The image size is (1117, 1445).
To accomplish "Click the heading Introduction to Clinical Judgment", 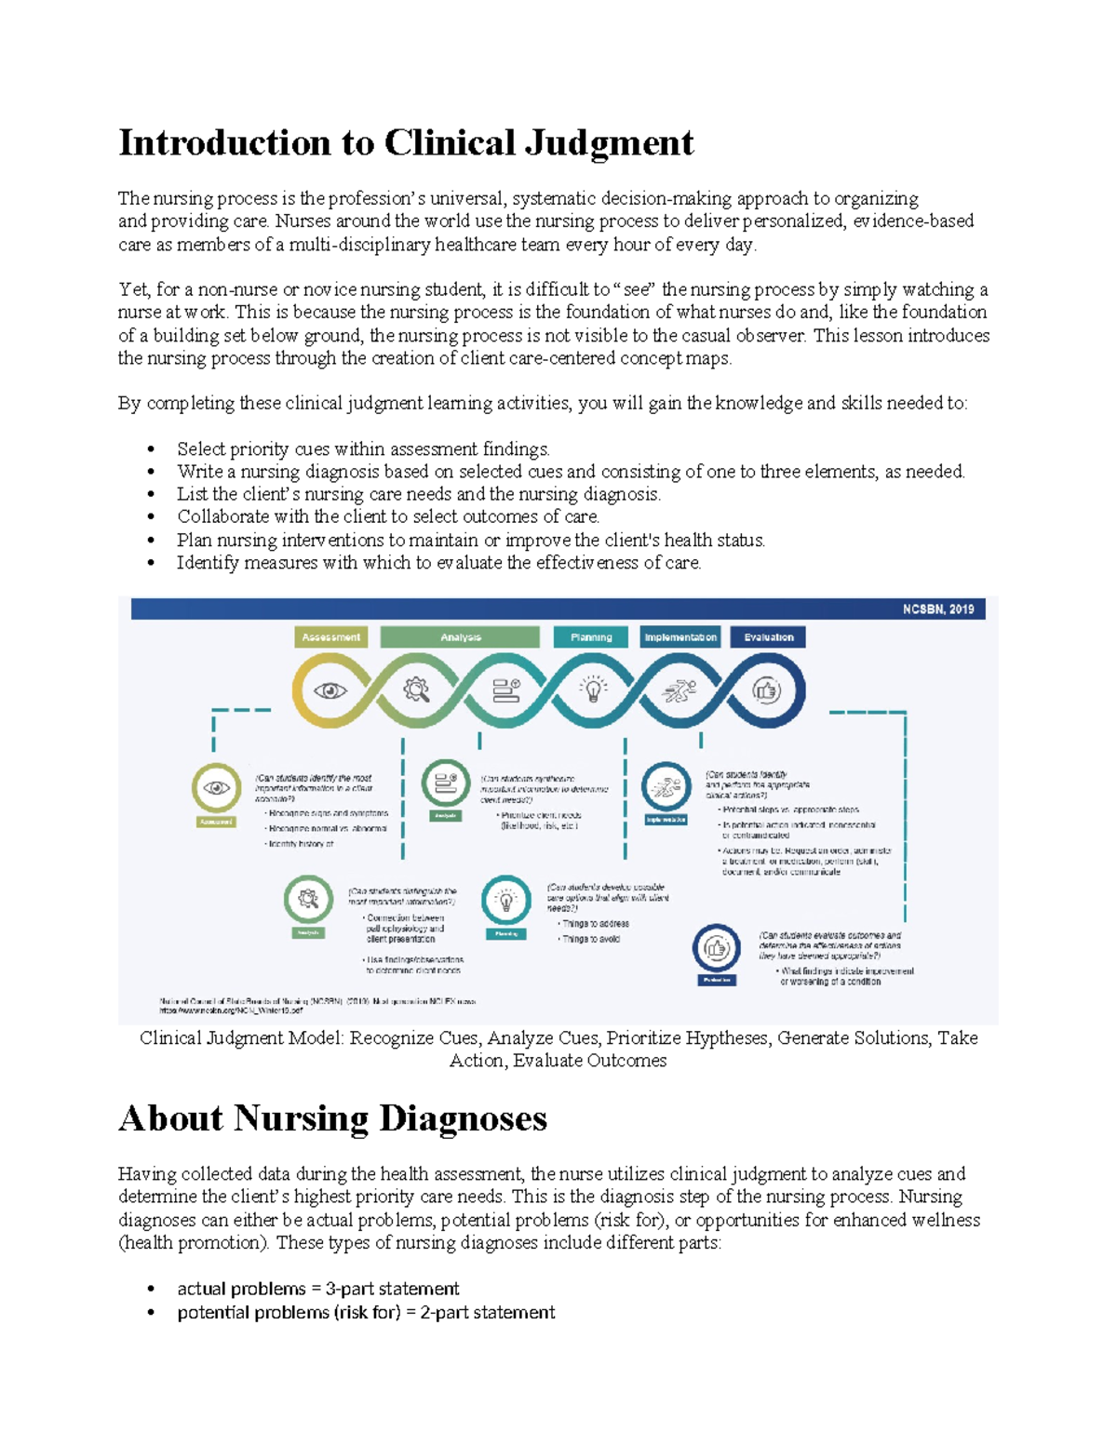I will click(406, 143).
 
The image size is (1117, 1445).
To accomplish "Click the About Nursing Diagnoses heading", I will click(332, 1118).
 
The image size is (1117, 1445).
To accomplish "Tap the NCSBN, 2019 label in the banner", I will click(937, 609).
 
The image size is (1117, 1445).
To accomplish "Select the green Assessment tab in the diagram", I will click(331, 637).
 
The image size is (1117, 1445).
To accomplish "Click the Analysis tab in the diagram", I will click(460, 637).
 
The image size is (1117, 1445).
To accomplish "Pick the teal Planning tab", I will click(591, 637).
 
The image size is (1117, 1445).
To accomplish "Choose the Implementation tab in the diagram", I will click(680, 637).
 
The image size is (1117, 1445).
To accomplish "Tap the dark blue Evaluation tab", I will click(768, 637).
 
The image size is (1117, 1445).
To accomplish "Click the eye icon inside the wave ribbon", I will click(330, 690).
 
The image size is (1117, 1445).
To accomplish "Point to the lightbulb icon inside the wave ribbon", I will click(593, 689).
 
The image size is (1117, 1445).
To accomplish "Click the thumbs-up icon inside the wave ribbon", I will click(766, 690).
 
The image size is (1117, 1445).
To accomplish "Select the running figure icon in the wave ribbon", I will click(680, 690).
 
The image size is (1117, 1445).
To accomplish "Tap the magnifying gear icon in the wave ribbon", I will click(416, 689).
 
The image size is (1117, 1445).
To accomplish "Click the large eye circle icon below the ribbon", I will click(216, 788).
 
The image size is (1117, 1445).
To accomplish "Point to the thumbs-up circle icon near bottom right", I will click(716, 948).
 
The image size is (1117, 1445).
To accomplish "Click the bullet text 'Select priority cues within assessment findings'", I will click(363, 449).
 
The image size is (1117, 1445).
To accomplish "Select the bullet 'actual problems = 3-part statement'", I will click(317, 1289).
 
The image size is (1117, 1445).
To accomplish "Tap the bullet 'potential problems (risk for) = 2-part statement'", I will click(366, 1313).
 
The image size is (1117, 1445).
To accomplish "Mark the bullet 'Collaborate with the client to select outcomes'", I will click(388, 517).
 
